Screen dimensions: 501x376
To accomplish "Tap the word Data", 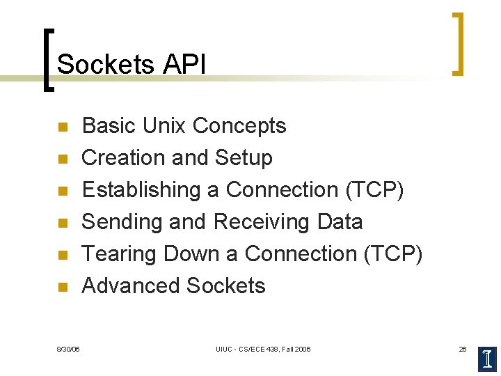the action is tap(340, 222).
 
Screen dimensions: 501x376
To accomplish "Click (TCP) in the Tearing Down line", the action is tap(393, 254).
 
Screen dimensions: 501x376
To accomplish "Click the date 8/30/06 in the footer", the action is tap(68, 349).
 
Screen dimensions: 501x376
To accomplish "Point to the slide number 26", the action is tap(463, 349).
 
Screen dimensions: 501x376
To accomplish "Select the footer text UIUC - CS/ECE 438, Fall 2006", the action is tap(263, 349).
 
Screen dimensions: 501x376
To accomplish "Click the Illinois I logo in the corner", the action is tap(488, 358).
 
